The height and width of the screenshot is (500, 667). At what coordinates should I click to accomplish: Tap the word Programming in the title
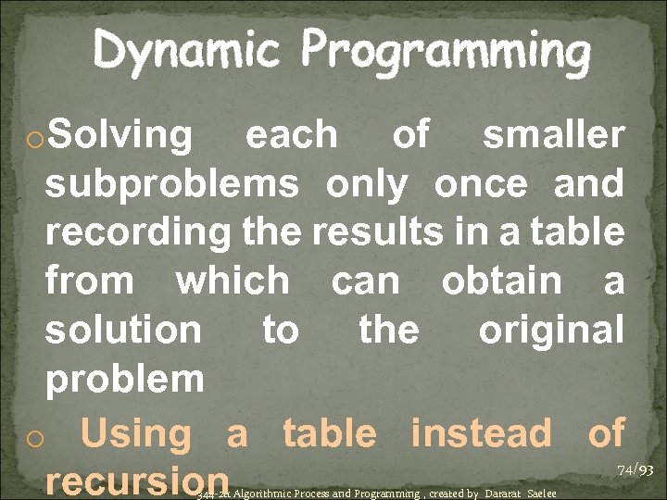(x=445, y=52)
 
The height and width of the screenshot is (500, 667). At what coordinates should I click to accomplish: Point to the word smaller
(x=553, y=135)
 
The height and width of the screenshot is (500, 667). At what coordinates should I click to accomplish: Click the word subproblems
(x=172, y=185)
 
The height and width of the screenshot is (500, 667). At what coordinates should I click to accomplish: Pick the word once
(x=487, y=184)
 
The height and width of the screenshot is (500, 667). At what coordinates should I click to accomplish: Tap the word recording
(x=138, y=232)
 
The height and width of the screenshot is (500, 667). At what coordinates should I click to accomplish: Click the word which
(x=232, y=281)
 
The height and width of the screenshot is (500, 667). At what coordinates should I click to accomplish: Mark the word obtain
(x=501, y=281)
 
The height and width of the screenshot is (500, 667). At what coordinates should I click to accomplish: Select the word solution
(x=122, y=330)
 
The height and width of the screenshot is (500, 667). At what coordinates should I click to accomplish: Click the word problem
(x=124, y=378)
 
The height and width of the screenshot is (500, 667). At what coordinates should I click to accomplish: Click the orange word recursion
(x=137, y=481)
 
